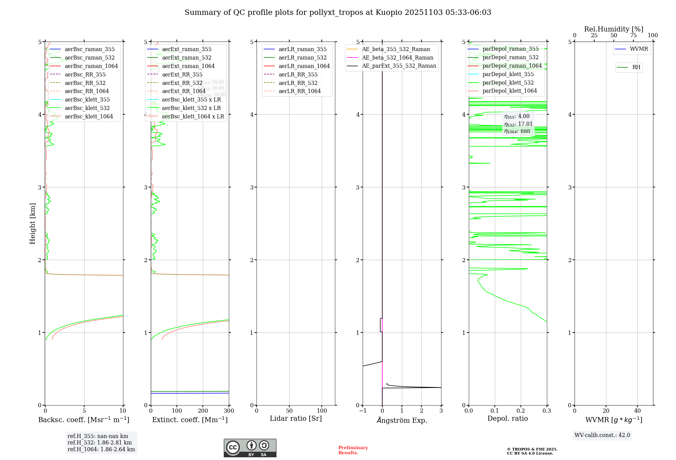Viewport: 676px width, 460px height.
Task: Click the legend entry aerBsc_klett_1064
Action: tap(89, 117)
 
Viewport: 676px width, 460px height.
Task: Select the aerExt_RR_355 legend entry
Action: tap(182, 75)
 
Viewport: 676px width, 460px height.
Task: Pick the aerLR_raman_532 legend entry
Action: tap(302, 58)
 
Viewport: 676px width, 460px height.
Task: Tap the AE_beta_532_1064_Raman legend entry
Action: tap(397, 58)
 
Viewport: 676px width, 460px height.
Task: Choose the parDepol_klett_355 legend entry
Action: tap(508, 74)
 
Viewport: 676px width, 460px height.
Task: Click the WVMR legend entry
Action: tap(638, 49)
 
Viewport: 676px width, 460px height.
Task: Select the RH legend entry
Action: tap(636, 67)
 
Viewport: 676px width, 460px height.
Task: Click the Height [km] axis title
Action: tap(32, 224)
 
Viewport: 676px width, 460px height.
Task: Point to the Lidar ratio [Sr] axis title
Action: tap(296, 419)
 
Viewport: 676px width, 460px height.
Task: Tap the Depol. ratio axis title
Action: tap(507, 419)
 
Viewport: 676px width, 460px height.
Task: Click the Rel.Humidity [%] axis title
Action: tap(613, 29)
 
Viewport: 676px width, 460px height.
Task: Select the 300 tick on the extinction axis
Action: tap(229, 411)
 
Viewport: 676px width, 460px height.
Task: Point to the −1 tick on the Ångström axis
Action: tap(363, 411)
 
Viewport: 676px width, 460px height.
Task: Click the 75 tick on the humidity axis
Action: tap(633, 36)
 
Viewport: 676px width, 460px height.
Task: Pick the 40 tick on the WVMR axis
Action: tap(637, 411)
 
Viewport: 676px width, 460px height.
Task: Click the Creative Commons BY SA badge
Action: tap(250, 448)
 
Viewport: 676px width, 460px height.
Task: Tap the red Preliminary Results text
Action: tap(353, 450)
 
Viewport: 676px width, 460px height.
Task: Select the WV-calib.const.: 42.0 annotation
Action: tap(602, 435)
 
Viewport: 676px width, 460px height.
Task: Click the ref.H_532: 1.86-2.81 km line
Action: tap(99, 443)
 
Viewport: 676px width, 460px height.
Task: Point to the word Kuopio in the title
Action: tap(389, 13)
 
